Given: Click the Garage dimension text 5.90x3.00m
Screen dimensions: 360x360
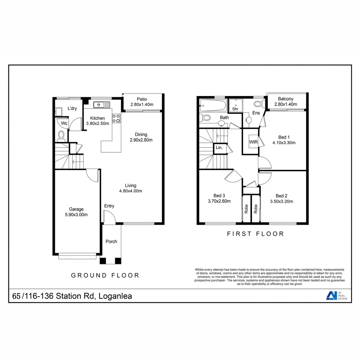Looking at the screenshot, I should pos(76,215).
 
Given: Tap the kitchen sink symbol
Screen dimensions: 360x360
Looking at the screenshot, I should pos(102,105).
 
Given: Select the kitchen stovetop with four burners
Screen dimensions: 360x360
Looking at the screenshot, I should pos(116,118).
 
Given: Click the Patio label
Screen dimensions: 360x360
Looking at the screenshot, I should pos(142,99).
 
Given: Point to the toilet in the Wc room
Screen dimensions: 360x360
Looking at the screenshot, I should pos(61,135).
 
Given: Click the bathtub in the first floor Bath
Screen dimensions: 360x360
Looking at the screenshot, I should pos(213,106).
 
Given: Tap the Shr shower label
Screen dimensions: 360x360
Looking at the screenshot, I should pos(235,109).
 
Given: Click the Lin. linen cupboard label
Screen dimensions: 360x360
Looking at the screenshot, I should pos(219,147).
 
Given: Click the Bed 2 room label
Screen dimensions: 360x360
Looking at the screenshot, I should pos(281,196).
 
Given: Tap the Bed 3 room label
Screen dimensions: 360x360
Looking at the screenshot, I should pos(219,195).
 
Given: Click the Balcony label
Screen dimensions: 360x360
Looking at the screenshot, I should pos(286,99).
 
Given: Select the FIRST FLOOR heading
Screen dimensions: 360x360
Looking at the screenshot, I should pos(255,234).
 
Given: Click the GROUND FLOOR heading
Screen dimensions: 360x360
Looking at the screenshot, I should pos(105,275).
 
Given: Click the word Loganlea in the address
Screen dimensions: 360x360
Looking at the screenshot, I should pos(114,296).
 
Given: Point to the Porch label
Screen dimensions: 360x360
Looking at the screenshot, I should pos(111,241).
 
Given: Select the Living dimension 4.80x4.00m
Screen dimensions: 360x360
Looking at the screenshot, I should pos(131,191).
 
